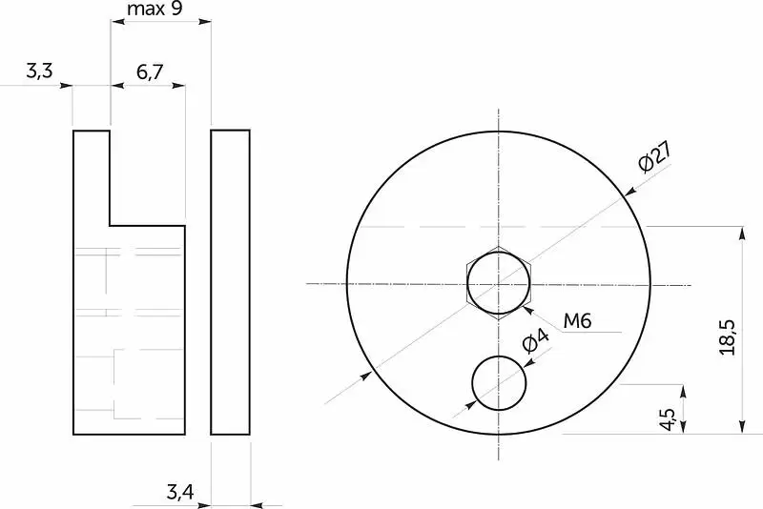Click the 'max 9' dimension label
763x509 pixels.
[x=155, y=9]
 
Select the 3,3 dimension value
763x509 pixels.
[x=39, y=71]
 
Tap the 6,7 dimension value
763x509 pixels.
[x=150, y=72]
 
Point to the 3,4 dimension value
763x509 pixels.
[x=180, y=493]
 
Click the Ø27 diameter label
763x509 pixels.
[x=655, y=156]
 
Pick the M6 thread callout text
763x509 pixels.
[x=577, y=321]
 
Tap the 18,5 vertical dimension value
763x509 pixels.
[x=729, y=337]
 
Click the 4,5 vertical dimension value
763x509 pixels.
[x=669, y=419]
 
